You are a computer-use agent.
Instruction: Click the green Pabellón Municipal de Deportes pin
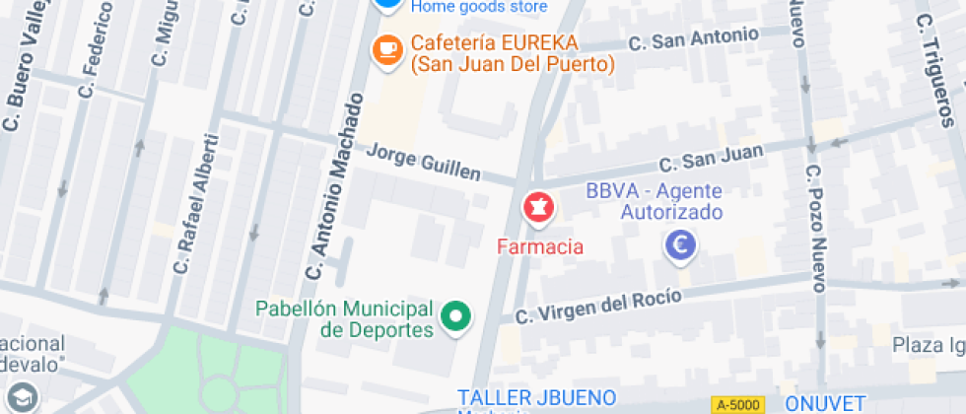pos(455,317)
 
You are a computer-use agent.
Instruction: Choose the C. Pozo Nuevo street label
pos(814,228)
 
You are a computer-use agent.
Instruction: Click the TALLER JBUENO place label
pos(536,398)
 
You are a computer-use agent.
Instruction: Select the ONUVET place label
pos(825,403)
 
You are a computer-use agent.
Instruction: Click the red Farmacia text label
pos(539,246)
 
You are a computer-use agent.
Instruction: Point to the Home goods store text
pos(478,7)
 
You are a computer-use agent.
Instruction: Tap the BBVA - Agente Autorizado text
pos(655,201)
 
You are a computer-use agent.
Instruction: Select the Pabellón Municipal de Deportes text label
pos(345,318)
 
